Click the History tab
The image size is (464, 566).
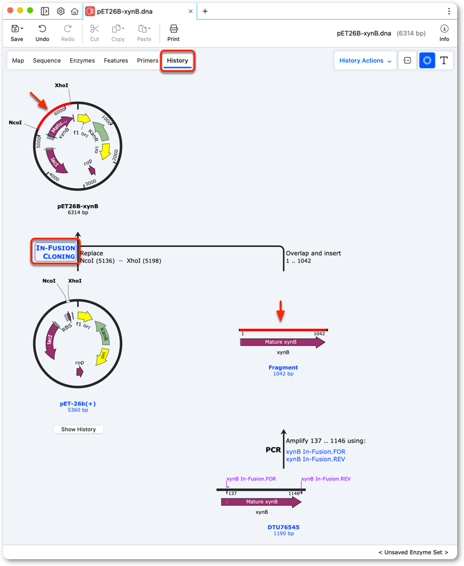point(177,61)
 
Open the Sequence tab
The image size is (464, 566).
point(47,61)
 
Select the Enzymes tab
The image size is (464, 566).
point(82,61)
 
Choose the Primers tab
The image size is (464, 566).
point(147,61)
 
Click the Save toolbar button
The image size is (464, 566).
point(17,33)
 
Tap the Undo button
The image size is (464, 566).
point(42,33)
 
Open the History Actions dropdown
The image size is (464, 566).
point(365,61)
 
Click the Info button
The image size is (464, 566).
point(444,33)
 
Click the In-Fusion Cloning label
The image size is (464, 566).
point(56,252)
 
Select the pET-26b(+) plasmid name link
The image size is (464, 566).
point(78,403)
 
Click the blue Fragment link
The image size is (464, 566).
point(283,367)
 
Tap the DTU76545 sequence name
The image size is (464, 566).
point(283,527)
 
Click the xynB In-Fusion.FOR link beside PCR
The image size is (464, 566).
point(315,452)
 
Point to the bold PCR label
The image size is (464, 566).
point(273,450)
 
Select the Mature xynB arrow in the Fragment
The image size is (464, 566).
point(282,342)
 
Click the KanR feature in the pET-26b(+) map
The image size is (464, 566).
point(102,333)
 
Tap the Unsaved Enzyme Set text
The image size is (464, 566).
point(413,552)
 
